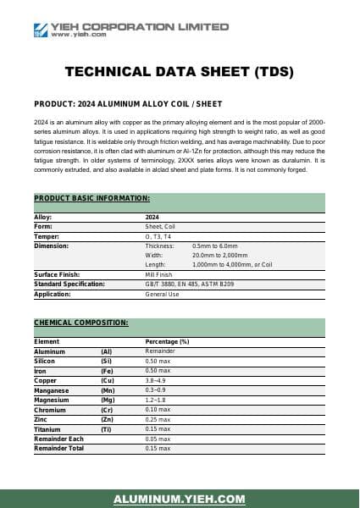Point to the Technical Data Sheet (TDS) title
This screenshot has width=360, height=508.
tap(180, 73)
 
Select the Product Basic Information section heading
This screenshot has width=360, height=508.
tap(91, 198)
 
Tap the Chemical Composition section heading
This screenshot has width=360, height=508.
tap(81, 323)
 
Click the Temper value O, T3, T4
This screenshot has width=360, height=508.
tap(158, 236)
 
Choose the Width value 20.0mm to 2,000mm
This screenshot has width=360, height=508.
tap(220, 255)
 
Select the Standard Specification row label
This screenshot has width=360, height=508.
tap(69, 284)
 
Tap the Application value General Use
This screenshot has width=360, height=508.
tap(163, 294)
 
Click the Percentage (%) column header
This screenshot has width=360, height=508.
tap(168, 341)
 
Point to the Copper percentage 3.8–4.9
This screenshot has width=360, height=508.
tap(158, 380)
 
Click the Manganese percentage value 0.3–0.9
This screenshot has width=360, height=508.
tap(158, 389)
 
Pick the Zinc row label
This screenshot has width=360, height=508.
tap(42, 419)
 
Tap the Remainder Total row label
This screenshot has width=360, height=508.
tap(58, 448)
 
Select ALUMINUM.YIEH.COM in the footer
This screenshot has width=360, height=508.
tap(180, 500)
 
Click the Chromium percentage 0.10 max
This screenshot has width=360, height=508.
tap(158, 409)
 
